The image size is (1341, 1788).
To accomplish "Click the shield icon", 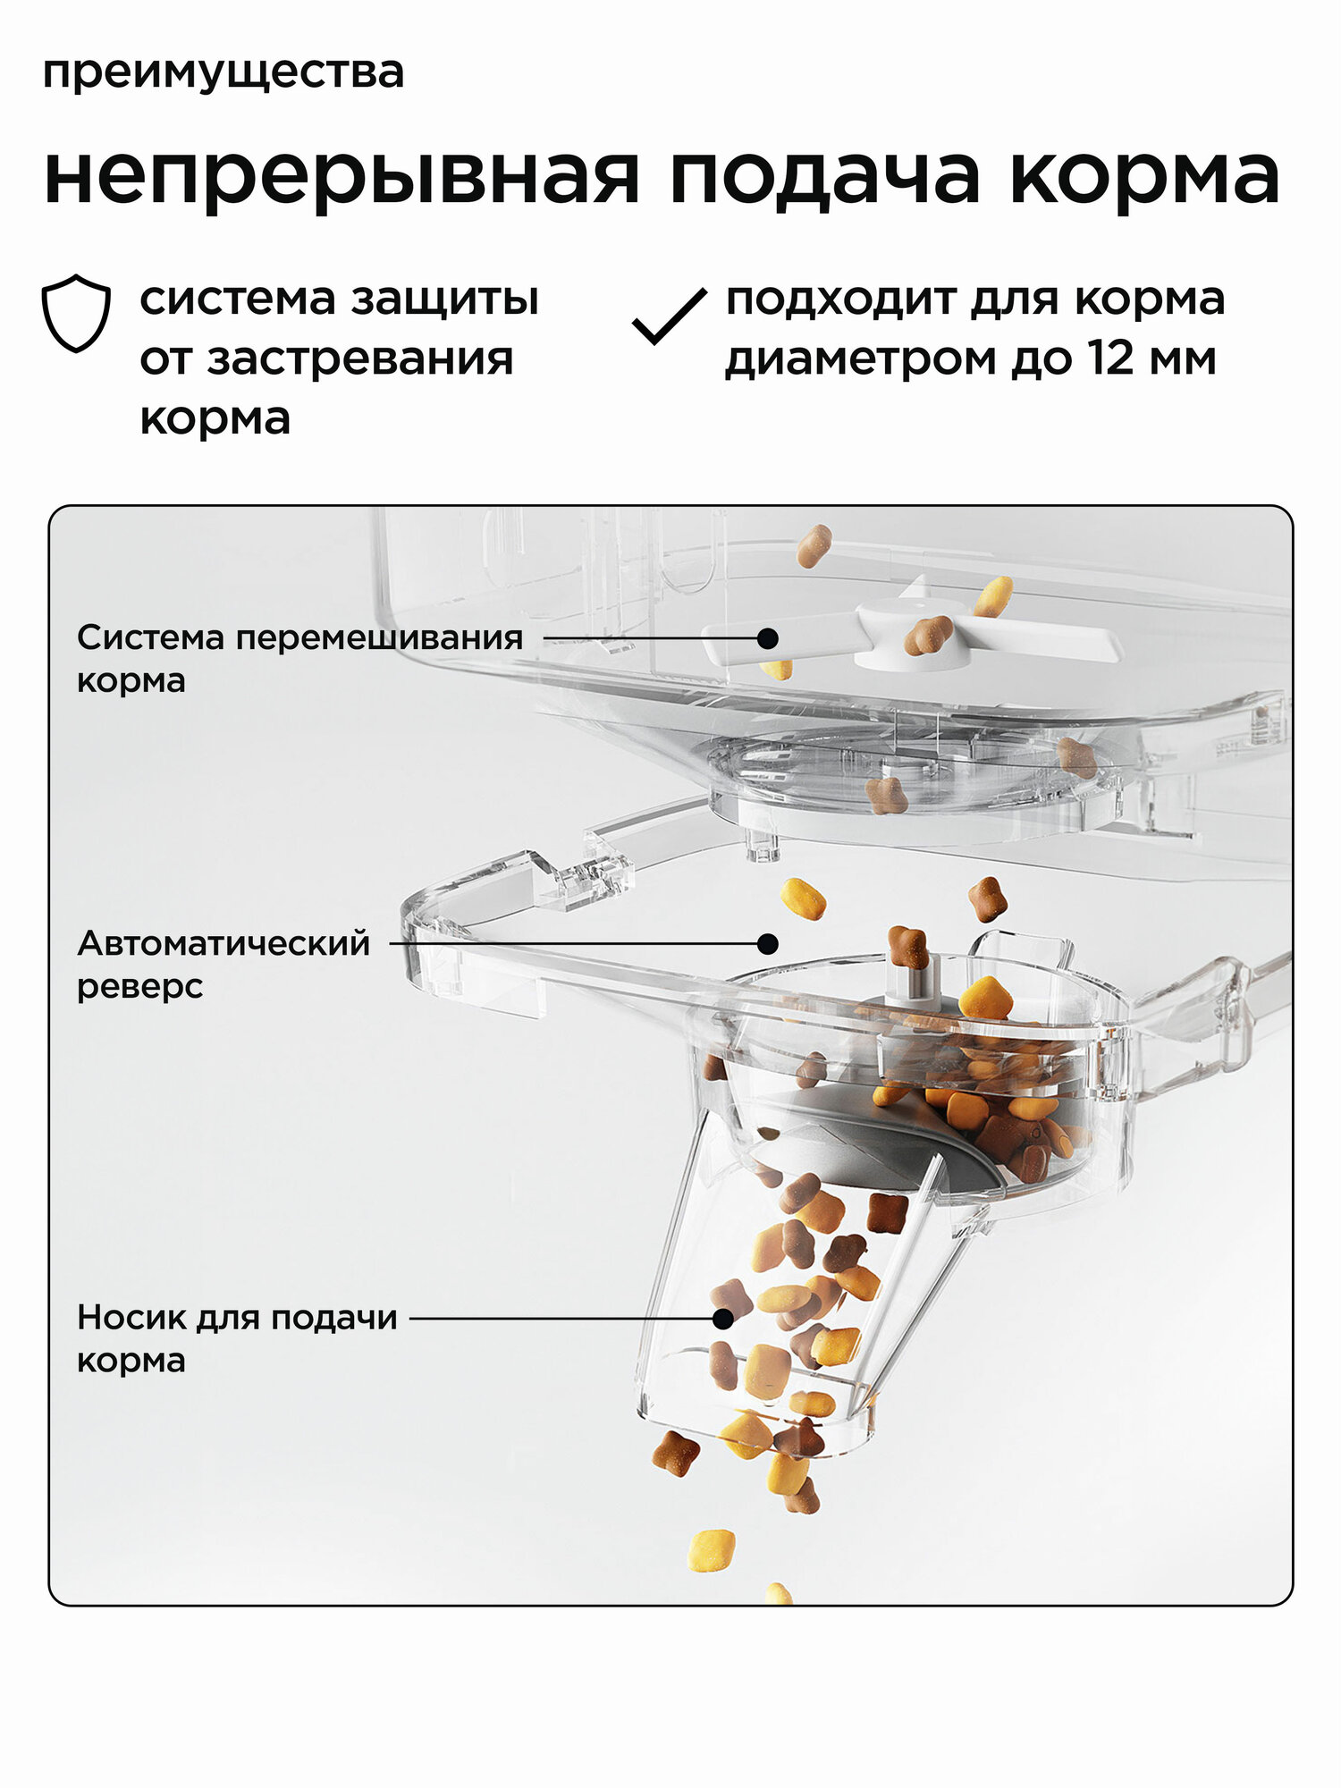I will (77, 313).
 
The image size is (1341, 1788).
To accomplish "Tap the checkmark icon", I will (669, 316).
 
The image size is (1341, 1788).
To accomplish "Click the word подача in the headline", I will (823, 176).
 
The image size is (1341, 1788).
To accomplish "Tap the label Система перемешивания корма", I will (299, 658).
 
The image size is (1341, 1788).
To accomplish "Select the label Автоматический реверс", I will (223, 964).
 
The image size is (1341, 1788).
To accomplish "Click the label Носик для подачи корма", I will (237, 1338).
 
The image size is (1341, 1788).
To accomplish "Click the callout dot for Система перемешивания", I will (767, 638).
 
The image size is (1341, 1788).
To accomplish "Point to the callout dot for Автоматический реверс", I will (767, 943).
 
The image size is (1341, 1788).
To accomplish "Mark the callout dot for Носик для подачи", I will (723, 1318).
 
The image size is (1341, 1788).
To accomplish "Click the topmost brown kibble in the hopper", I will (814, 546).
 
